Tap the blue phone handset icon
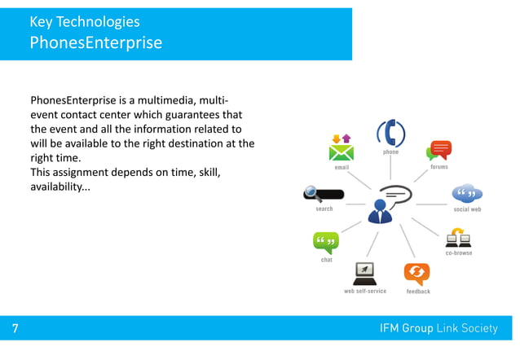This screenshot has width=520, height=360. [x=391, y=133]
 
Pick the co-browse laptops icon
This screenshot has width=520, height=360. [x=459, y=237]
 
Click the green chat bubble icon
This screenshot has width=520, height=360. [x=326, y=243]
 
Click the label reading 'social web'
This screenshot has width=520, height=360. [x=467, y=209]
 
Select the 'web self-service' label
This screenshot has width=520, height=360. [x=365, y=291]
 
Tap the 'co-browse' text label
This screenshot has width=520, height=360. [x=459, y=253]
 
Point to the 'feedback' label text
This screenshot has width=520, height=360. [x=418, y=292]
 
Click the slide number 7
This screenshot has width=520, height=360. [x=15, y=328]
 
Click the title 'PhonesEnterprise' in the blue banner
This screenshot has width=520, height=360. [x=95, y=42]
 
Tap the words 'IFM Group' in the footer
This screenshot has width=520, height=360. [x=406, y=328]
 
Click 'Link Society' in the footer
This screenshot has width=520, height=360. [x=466, y=328]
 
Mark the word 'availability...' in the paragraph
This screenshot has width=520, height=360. [x=60, y=187]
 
